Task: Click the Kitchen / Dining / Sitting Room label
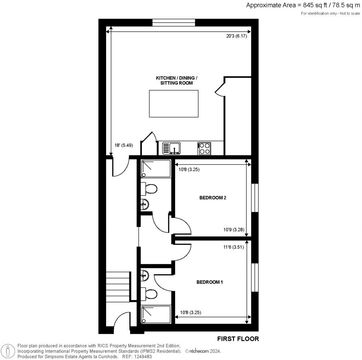coord(174,80)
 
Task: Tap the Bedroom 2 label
coord(213,198)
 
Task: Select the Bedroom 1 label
coord(210,282)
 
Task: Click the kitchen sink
coord(172,147)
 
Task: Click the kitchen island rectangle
coord(174,104)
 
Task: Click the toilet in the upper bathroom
coord(150,188)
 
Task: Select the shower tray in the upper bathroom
coord(156,169)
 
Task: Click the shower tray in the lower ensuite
coord(156,314)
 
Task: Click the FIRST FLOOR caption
coord(238,339)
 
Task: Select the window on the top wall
coord(174,22)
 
